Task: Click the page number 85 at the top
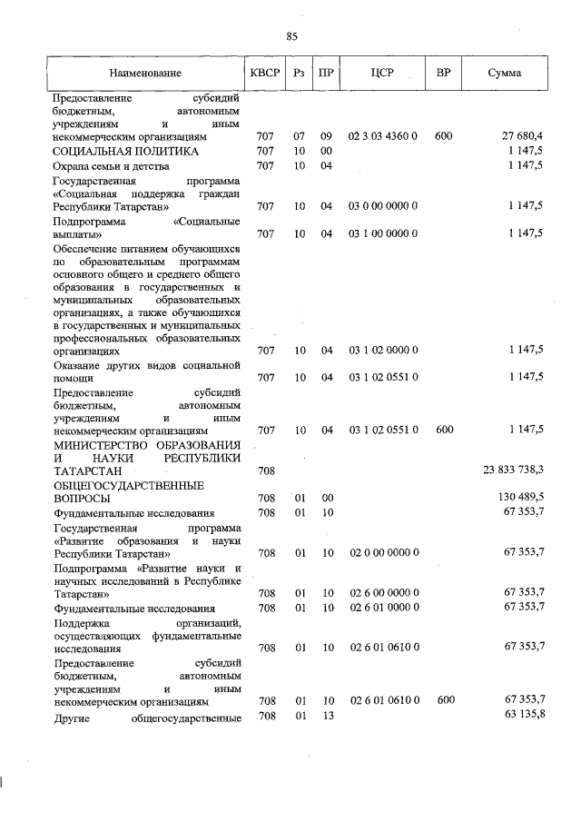[x=291, y=36]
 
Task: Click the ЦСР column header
[x=382, y=72]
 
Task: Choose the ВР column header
[x=444, y=72]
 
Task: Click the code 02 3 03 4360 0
[x=382, y=135]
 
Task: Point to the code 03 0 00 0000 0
[x=382, y=206]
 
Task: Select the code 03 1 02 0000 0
[x=382, y=350]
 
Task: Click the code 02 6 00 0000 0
[x=382, y=592]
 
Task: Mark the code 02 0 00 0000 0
[x=382, y=551]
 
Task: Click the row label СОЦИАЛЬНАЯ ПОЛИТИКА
[x=125, y=151]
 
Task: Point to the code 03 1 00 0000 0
[x=382, y=233]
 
